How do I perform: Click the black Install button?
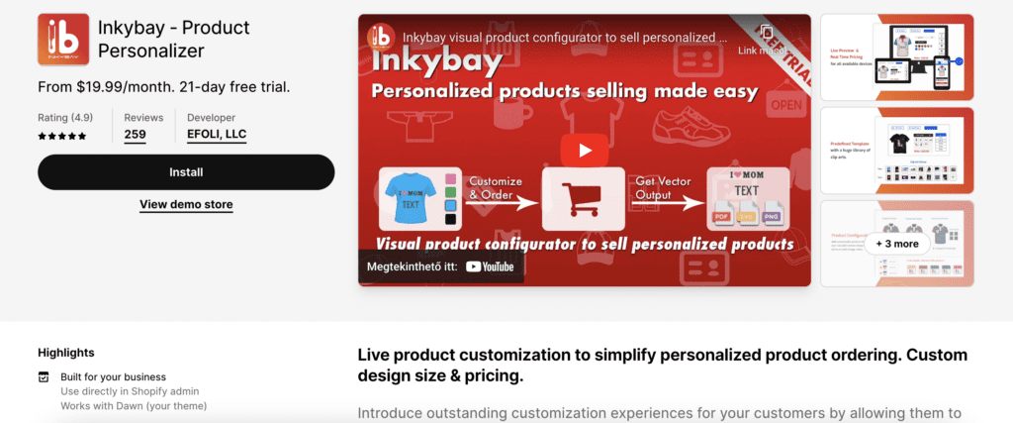(186, 171)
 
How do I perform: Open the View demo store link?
(186, 205)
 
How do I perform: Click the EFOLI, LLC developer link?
(217, 135)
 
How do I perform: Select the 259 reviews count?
(136, 135)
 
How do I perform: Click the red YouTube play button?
(584, 151)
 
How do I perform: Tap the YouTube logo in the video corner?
(491, 265)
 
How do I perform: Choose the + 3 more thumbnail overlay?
(897, 243)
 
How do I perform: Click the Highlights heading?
(66, 352)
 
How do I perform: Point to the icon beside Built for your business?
(44, 377)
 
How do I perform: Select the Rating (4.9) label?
(65, 116)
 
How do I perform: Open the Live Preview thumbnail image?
(897, 56)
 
